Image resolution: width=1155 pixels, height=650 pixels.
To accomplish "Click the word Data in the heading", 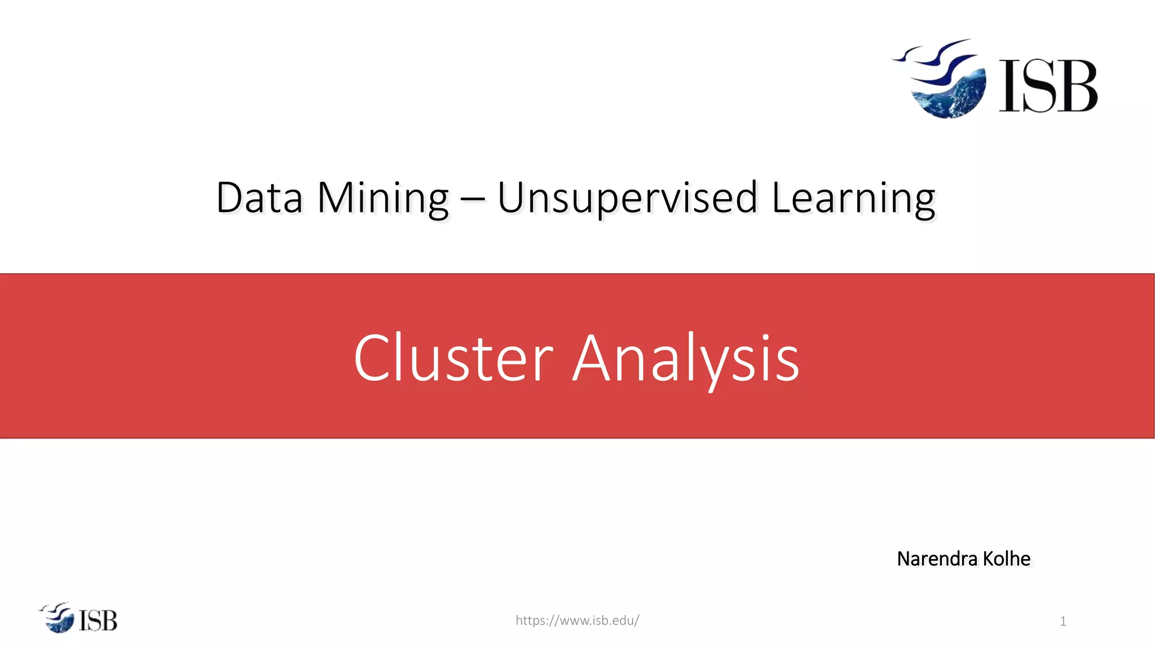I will click(259, 199).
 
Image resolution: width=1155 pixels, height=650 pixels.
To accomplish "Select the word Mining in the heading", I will click(383, 199).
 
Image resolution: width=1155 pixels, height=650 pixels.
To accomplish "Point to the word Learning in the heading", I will click(853, 199).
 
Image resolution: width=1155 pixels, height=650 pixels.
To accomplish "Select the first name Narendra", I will click(937, 559).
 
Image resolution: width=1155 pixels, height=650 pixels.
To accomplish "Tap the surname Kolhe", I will click(1006, 559).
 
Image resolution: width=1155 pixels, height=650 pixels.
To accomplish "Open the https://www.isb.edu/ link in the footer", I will click(577, 621).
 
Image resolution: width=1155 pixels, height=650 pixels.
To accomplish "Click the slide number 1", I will click(1063, 622).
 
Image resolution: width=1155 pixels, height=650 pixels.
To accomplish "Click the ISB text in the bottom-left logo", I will click(98, 621).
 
